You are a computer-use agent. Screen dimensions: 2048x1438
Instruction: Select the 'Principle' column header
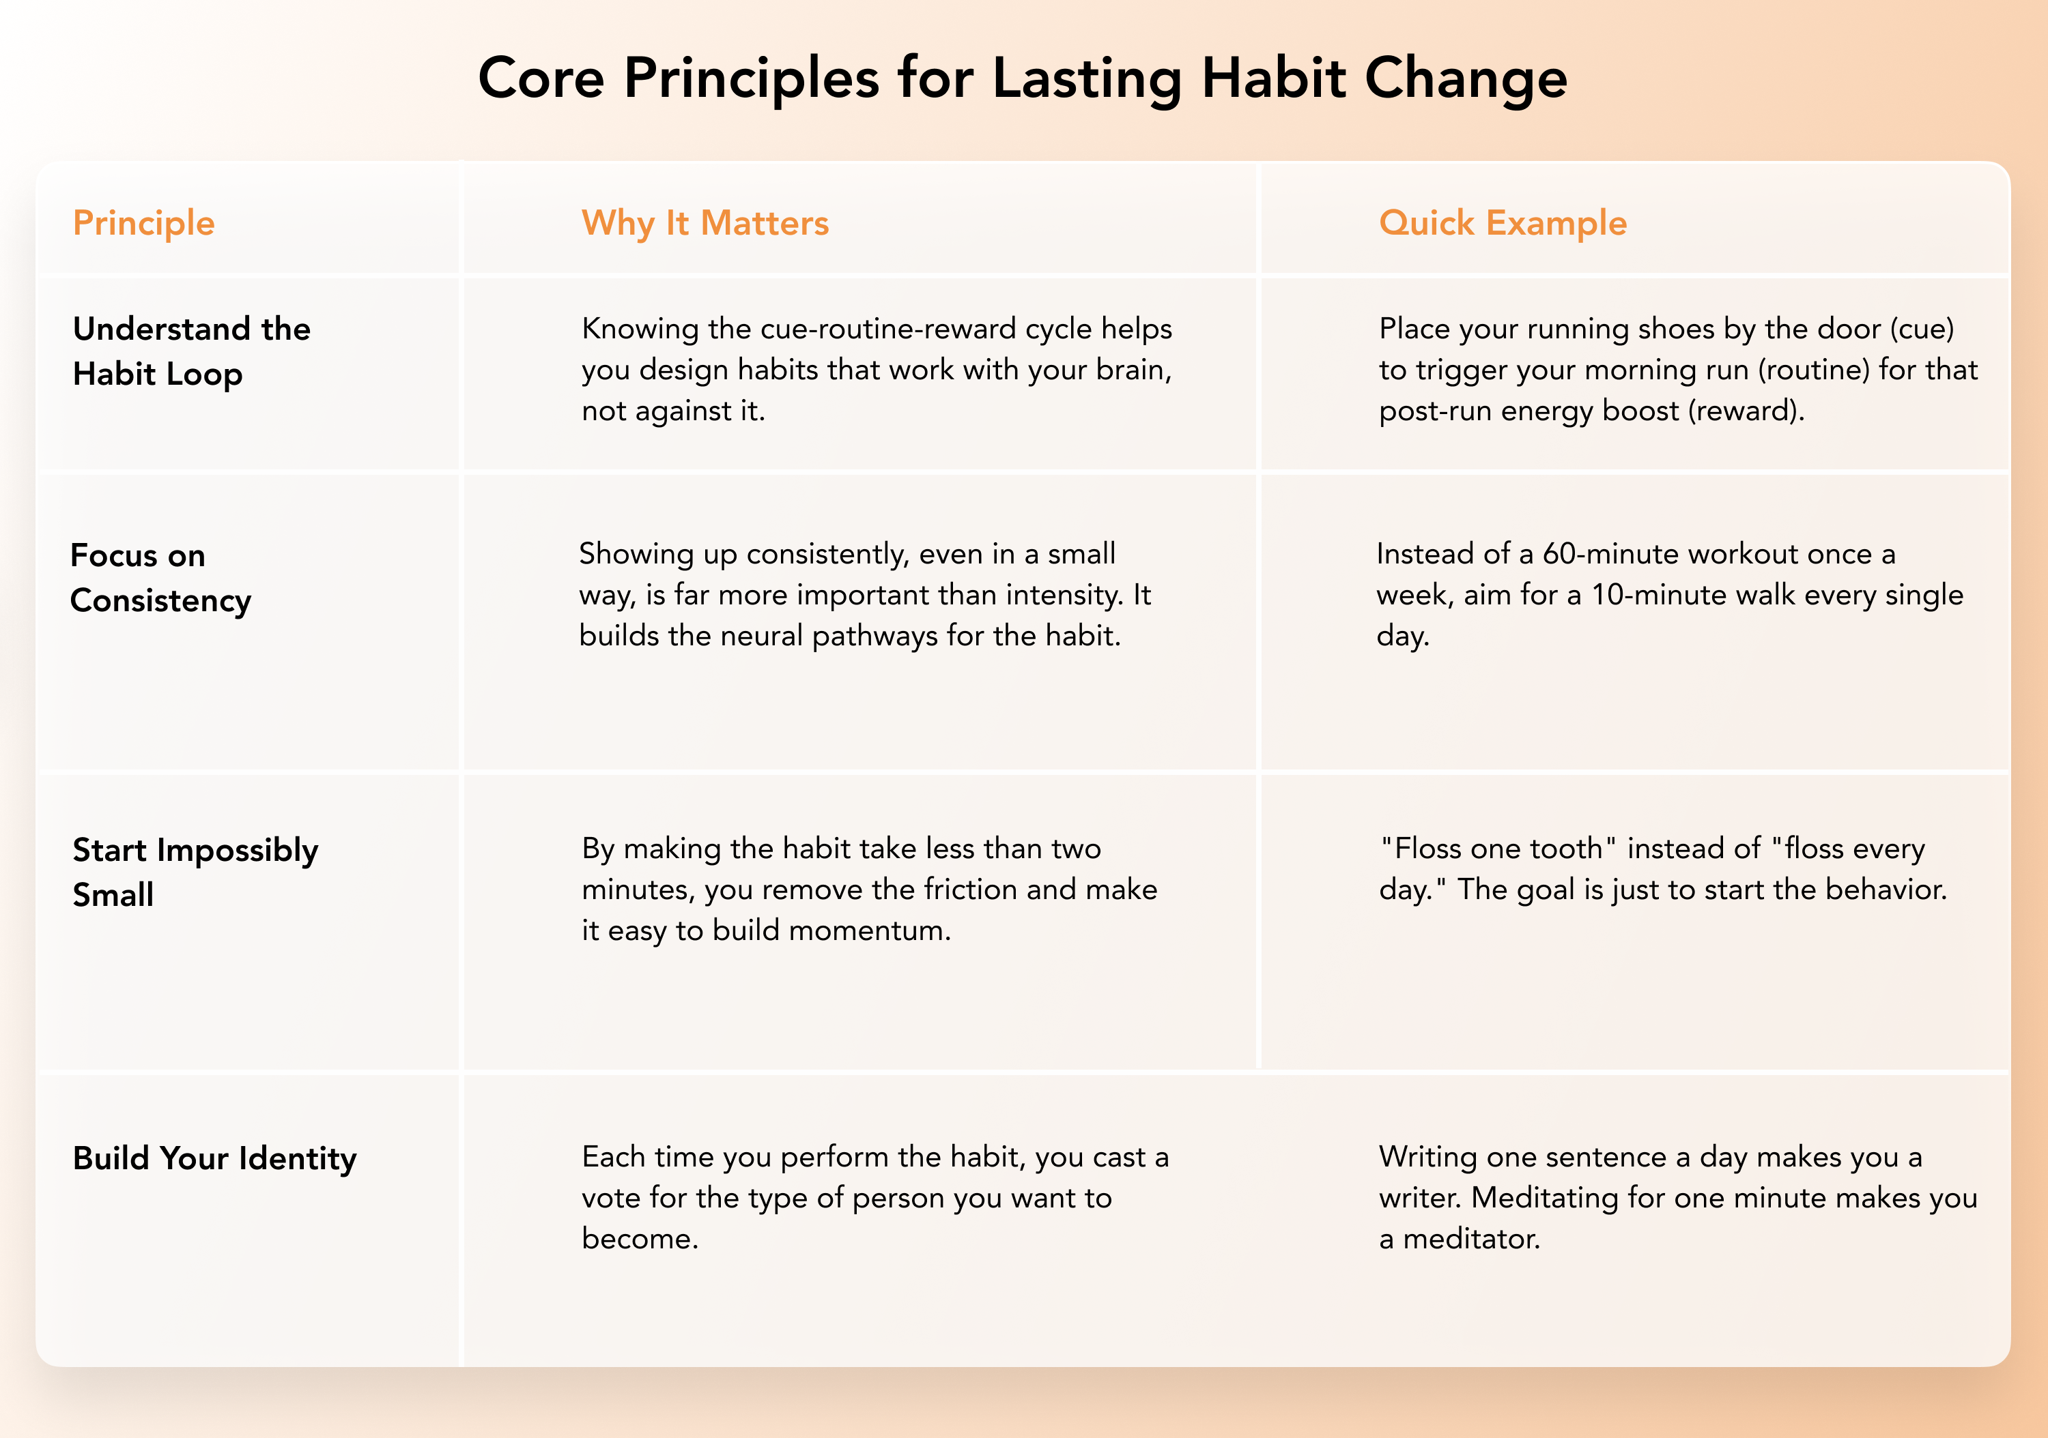(143, 223)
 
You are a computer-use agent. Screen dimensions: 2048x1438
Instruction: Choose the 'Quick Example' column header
(1503, 223)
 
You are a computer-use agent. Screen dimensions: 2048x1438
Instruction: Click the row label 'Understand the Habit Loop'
(192, 351)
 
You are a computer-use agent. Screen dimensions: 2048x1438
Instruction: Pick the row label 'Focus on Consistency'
(160, 578)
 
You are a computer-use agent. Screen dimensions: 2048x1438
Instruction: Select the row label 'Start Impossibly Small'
(195, 872)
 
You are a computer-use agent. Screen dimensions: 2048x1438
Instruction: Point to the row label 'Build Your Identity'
(215, 1158)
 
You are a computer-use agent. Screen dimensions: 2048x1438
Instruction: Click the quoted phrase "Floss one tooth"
(1498, 848)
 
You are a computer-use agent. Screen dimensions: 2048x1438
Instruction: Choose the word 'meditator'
(1472, 1239)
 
